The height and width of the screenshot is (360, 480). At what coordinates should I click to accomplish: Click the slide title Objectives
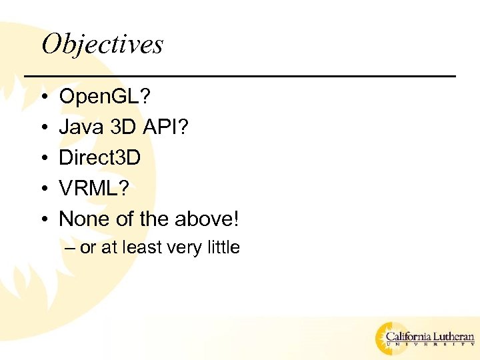pyautogui.click(x=102, y=45)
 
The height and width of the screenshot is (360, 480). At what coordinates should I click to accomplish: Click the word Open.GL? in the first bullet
pyautogui.click(x=105, y=97)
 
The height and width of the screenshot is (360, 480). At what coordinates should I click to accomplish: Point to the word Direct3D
pyautogui.click(x=100, y=157)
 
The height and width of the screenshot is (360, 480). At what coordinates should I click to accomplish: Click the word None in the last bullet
pyautogui.click(x=81, y=218)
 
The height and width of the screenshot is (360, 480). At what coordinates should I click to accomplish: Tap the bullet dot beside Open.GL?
pyautogui.click(x=42, y=98)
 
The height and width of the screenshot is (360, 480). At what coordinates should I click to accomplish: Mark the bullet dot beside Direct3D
pyautogui.click(x=42, y=158)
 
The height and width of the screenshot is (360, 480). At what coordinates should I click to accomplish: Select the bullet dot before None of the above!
pyautogui.click(x=42, y=219)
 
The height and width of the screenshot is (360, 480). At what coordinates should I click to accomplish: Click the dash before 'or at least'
pyautogui.click(x=71, y=248)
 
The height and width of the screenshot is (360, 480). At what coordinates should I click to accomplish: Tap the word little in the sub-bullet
pyautogui.click(x=223, y=247)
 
